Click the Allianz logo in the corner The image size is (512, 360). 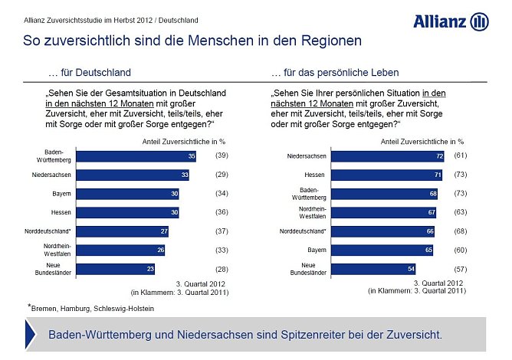click(450, 21)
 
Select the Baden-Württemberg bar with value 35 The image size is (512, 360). click(123, 156)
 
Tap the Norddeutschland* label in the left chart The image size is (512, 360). click(49, 231)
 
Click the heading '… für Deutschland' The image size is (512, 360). click(90, 73)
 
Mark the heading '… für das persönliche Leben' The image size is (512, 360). click(335, 73)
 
